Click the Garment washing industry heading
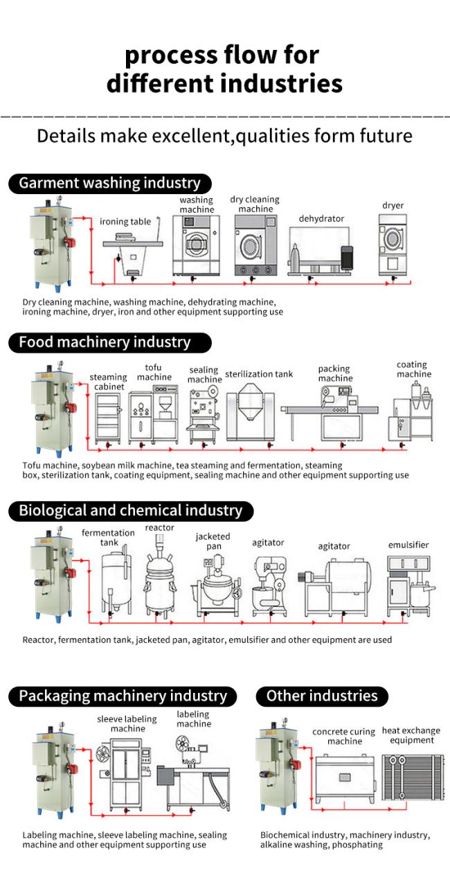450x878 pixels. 109,183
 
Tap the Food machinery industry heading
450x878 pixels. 105,342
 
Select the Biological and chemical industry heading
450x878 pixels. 130,511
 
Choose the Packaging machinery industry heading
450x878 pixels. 123,696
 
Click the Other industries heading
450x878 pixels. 322,696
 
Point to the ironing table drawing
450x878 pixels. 133,249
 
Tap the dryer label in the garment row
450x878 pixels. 393,205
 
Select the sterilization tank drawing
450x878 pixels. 249,409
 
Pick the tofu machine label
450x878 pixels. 154,372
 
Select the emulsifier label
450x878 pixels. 408,545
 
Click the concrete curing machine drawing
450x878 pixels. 343,778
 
